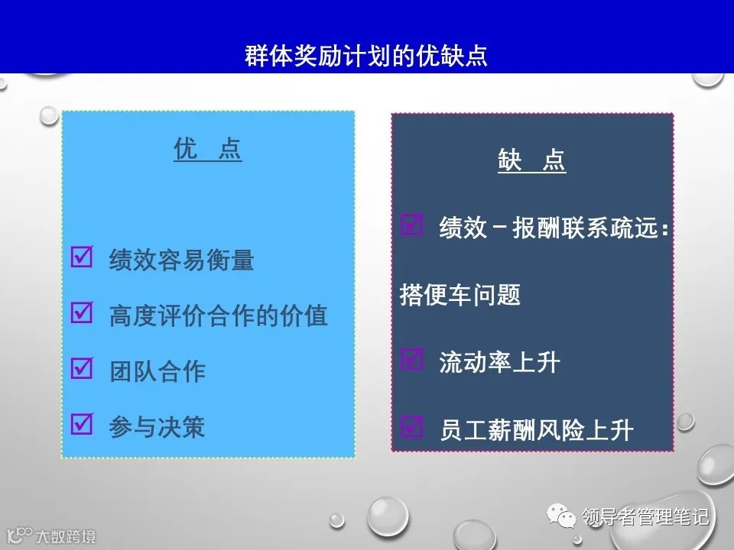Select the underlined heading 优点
207,150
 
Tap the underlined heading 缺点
531,161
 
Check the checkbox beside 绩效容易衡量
81,257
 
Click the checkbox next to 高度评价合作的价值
81,312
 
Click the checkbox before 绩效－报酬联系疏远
412,225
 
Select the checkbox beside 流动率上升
412,359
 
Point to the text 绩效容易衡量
181,260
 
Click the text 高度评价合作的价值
218,315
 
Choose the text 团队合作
158,371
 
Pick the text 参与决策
158,426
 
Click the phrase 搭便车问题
460,295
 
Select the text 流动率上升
499,362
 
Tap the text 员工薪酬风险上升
536,429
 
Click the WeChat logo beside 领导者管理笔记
567,518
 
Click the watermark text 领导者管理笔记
645,518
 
